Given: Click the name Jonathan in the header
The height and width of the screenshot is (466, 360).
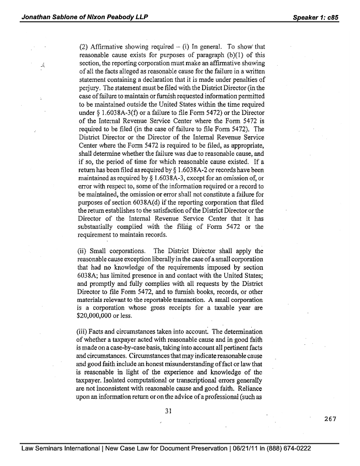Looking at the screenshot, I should [x=37, y=17].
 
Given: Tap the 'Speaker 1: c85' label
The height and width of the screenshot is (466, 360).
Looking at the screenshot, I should [x=315, y=17].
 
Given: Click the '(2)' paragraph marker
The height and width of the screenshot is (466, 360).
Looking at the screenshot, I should [x=83, y=46].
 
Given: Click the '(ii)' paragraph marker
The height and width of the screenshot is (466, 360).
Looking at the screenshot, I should [x=83, y=252].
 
